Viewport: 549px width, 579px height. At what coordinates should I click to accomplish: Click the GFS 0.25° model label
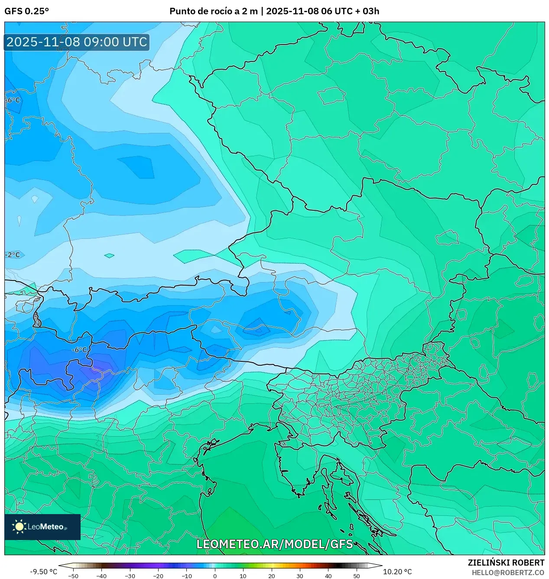point(26,11)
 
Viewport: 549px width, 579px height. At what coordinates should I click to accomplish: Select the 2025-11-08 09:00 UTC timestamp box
point(77,42)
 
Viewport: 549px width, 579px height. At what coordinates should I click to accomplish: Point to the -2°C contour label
point(13,255)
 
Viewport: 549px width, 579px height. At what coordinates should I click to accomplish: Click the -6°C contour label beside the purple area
point(79,350)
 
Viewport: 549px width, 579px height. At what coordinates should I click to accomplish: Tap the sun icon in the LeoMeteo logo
point(19,527)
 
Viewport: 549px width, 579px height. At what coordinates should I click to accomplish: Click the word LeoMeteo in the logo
point(45,527)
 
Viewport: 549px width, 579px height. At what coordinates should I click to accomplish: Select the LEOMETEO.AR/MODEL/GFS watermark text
point(275,544)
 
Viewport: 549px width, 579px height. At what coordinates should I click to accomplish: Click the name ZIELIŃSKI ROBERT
point(506,563)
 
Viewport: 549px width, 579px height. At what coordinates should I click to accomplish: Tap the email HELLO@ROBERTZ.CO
point(508,573)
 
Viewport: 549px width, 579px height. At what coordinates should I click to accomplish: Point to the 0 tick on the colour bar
point(214,576)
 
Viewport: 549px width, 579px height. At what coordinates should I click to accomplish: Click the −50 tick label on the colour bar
point(73,576)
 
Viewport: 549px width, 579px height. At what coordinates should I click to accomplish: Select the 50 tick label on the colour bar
point(356,576)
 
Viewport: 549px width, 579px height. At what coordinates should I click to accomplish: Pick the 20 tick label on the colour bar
point(271,576)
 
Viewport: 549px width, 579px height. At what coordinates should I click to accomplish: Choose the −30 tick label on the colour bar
point(130,576)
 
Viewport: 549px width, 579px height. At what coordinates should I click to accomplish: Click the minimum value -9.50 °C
point(43,572)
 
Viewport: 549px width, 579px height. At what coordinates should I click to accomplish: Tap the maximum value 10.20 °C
point(397,572)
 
